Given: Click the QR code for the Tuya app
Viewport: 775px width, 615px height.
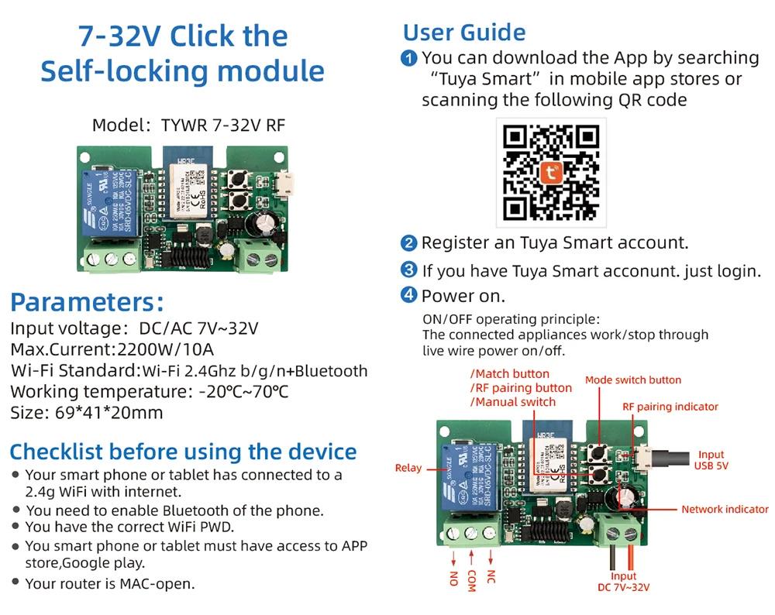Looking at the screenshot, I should [551, 172].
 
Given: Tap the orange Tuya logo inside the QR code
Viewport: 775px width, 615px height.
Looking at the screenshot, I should [552, 173].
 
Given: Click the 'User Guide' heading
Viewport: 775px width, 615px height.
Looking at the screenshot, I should [463, 33].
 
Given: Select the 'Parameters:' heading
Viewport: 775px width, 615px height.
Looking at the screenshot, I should [87, 302].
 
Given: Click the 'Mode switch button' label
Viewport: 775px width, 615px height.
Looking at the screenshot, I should [632, 380].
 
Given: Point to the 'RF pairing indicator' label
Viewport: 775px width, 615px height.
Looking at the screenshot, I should [670, 407].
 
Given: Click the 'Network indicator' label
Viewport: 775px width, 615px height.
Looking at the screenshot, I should [724, 509].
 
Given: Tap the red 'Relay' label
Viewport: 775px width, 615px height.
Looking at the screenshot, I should [408, 468].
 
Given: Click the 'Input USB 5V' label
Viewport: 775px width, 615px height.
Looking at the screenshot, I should [711, 460].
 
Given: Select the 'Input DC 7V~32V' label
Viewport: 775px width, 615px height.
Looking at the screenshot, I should [623, 582].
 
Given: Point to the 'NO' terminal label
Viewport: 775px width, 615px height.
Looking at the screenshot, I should [453, 578].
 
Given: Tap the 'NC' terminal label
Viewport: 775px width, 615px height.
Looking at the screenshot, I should [491, 577].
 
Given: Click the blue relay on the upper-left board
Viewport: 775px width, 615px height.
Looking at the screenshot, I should [111, 204].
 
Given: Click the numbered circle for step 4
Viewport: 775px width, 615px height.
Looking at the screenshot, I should [408, 295].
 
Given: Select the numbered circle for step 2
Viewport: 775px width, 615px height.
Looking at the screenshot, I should [408, 243].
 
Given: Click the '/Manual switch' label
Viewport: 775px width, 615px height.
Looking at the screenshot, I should [512, 402].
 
